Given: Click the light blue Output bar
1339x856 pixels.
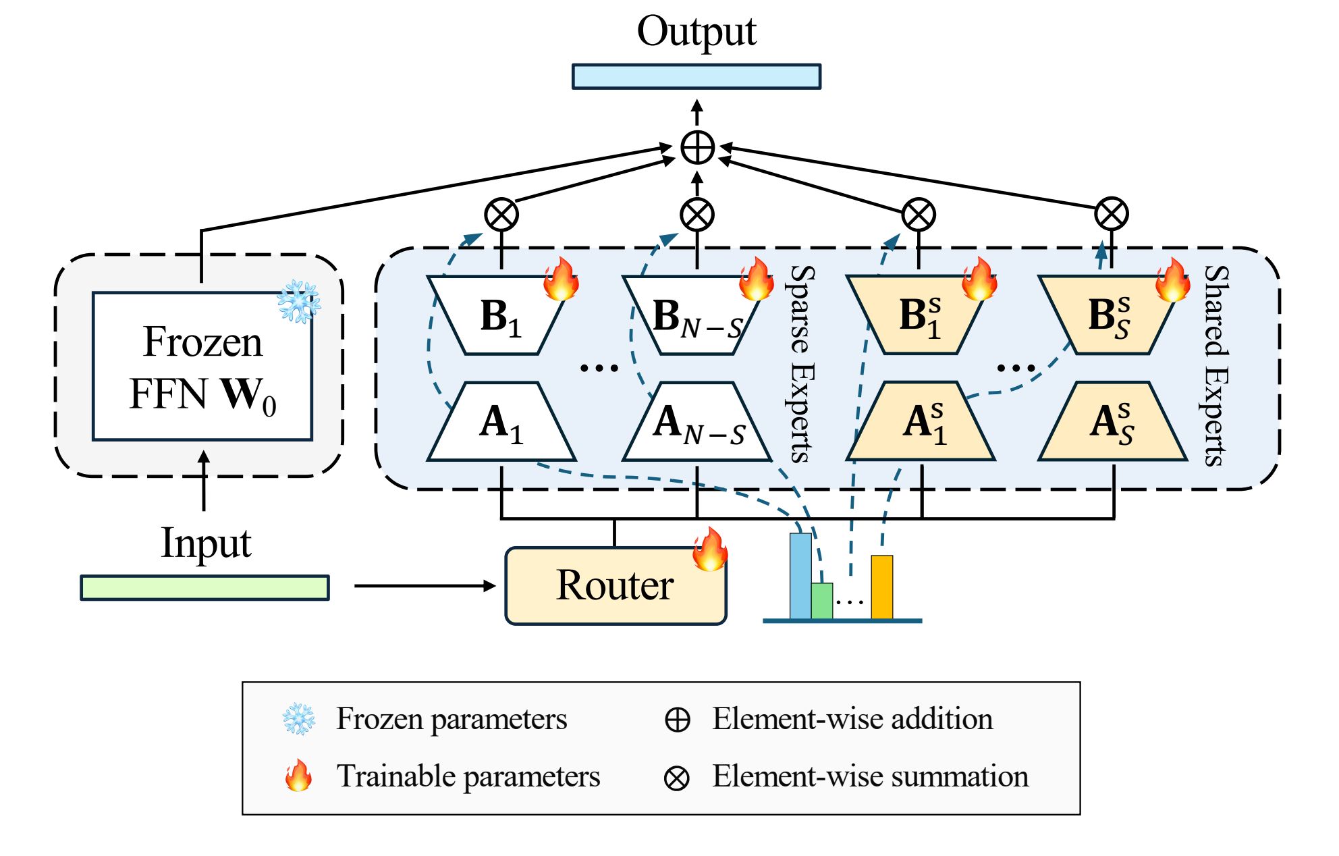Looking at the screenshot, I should [x=696, y=76].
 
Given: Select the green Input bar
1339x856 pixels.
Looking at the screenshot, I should [x=204, y=587].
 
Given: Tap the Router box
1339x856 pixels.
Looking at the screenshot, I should [x=616, y=585].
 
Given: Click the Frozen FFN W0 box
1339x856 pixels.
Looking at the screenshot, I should [x=202, y=367].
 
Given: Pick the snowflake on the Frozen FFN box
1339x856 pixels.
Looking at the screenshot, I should [x=298, y=301].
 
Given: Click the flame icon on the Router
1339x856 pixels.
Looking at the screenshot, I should [x=710, y=550].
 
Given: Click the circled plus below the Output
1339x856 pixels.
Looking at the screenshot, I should [x=697, y=148].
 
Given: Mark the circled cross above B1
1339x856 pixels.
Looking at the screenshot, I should [x=501, y=215].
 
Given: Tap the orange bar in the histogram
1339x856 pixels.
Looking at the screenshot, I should [x=881, y=587].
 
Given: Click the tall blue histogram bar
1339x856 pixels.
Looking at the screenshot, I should [x=800, y=576].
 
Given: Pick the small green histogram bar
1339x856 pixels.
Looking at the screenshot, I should [x=821, y=601].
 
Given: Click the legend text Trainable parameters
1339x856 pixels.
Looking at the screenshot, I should [x=468, y=776].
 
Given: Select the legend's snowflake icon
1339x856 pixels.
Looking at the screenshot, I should [x=298, y=719].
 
